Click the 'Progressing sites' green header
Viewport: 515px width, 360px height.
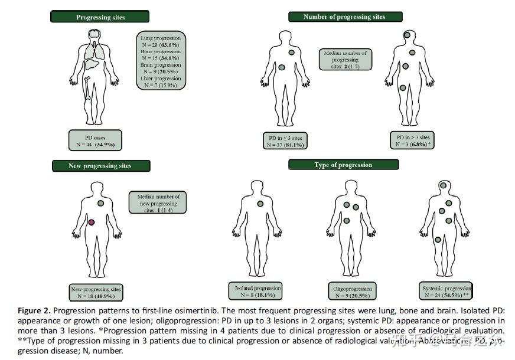tap(101, 17)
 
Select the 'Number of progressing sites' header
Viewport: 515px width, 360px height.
tap(344, 17)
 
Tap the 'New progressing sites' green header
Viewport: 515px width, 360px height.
tap(100, 166)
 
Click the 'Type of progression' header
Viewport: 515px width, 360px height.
tap(343, 165)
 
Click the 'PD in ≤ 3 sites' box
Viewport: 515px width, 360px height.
tap(286, 140)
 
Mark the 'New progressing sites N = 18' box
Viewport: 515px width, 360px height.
tap(96, 293)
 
